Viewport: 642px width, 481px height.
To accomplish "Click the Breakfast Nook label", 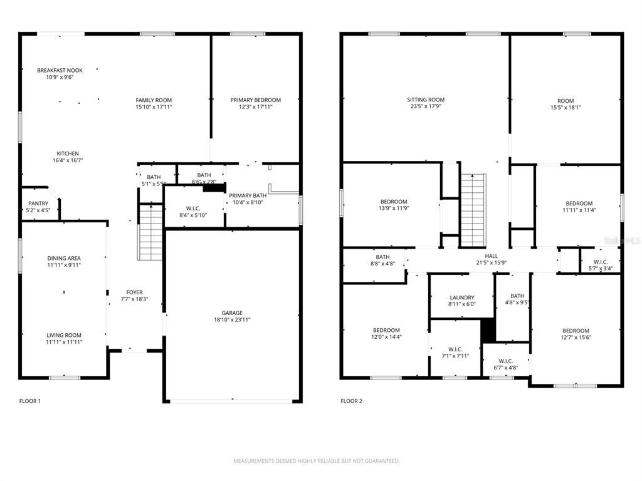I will click(x=60, y=70).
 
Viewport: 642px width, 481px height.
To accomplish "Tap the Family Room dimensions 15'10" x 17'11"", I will click(x=154, y=107).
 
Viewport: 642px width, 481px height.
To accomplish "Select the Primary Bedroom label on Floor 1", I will click(x=255, y=100).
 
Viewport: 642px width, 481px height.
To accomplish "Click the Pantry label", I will click(x=38, y=204).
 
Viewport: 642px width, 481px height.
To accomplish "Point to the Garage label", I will click(x=232, y=313).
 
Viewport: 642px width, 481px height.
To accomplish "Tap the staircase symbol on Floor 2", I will click(x=473, y=210).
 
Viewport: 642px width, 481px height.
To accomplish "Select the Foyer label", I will click(x=134, y=292).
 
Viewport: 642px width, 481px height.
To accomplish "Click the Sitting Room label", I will click(x=426, y=100).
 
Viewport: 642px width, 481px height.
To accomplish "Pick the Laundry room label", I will click(x=462, y=297).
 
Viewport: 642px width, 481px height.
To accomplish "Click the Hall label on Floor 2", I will click(x=492, y=256).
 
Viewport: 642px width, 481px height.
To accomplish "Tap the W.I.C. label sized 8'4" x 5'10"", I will click(x=192, y=208).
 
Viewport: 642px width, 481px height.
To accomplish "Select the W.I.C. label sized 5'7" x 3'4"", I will click(x=600, y=262).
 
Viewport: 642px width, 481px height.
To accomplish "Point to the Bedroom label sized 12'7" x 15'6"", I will click(x=576, y=331).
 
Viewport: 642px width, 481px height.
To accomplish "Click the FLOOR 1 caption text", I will click(x=30, y=401).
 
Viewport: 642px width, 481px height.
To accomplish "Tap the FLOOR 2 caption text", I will click(x=351, y=401).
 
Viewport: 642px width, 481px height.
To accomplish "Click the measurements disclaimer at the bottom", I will click(x=317, y=461).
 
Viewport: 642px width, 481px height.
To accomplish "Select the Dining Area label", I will click(x=64, y=258).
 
